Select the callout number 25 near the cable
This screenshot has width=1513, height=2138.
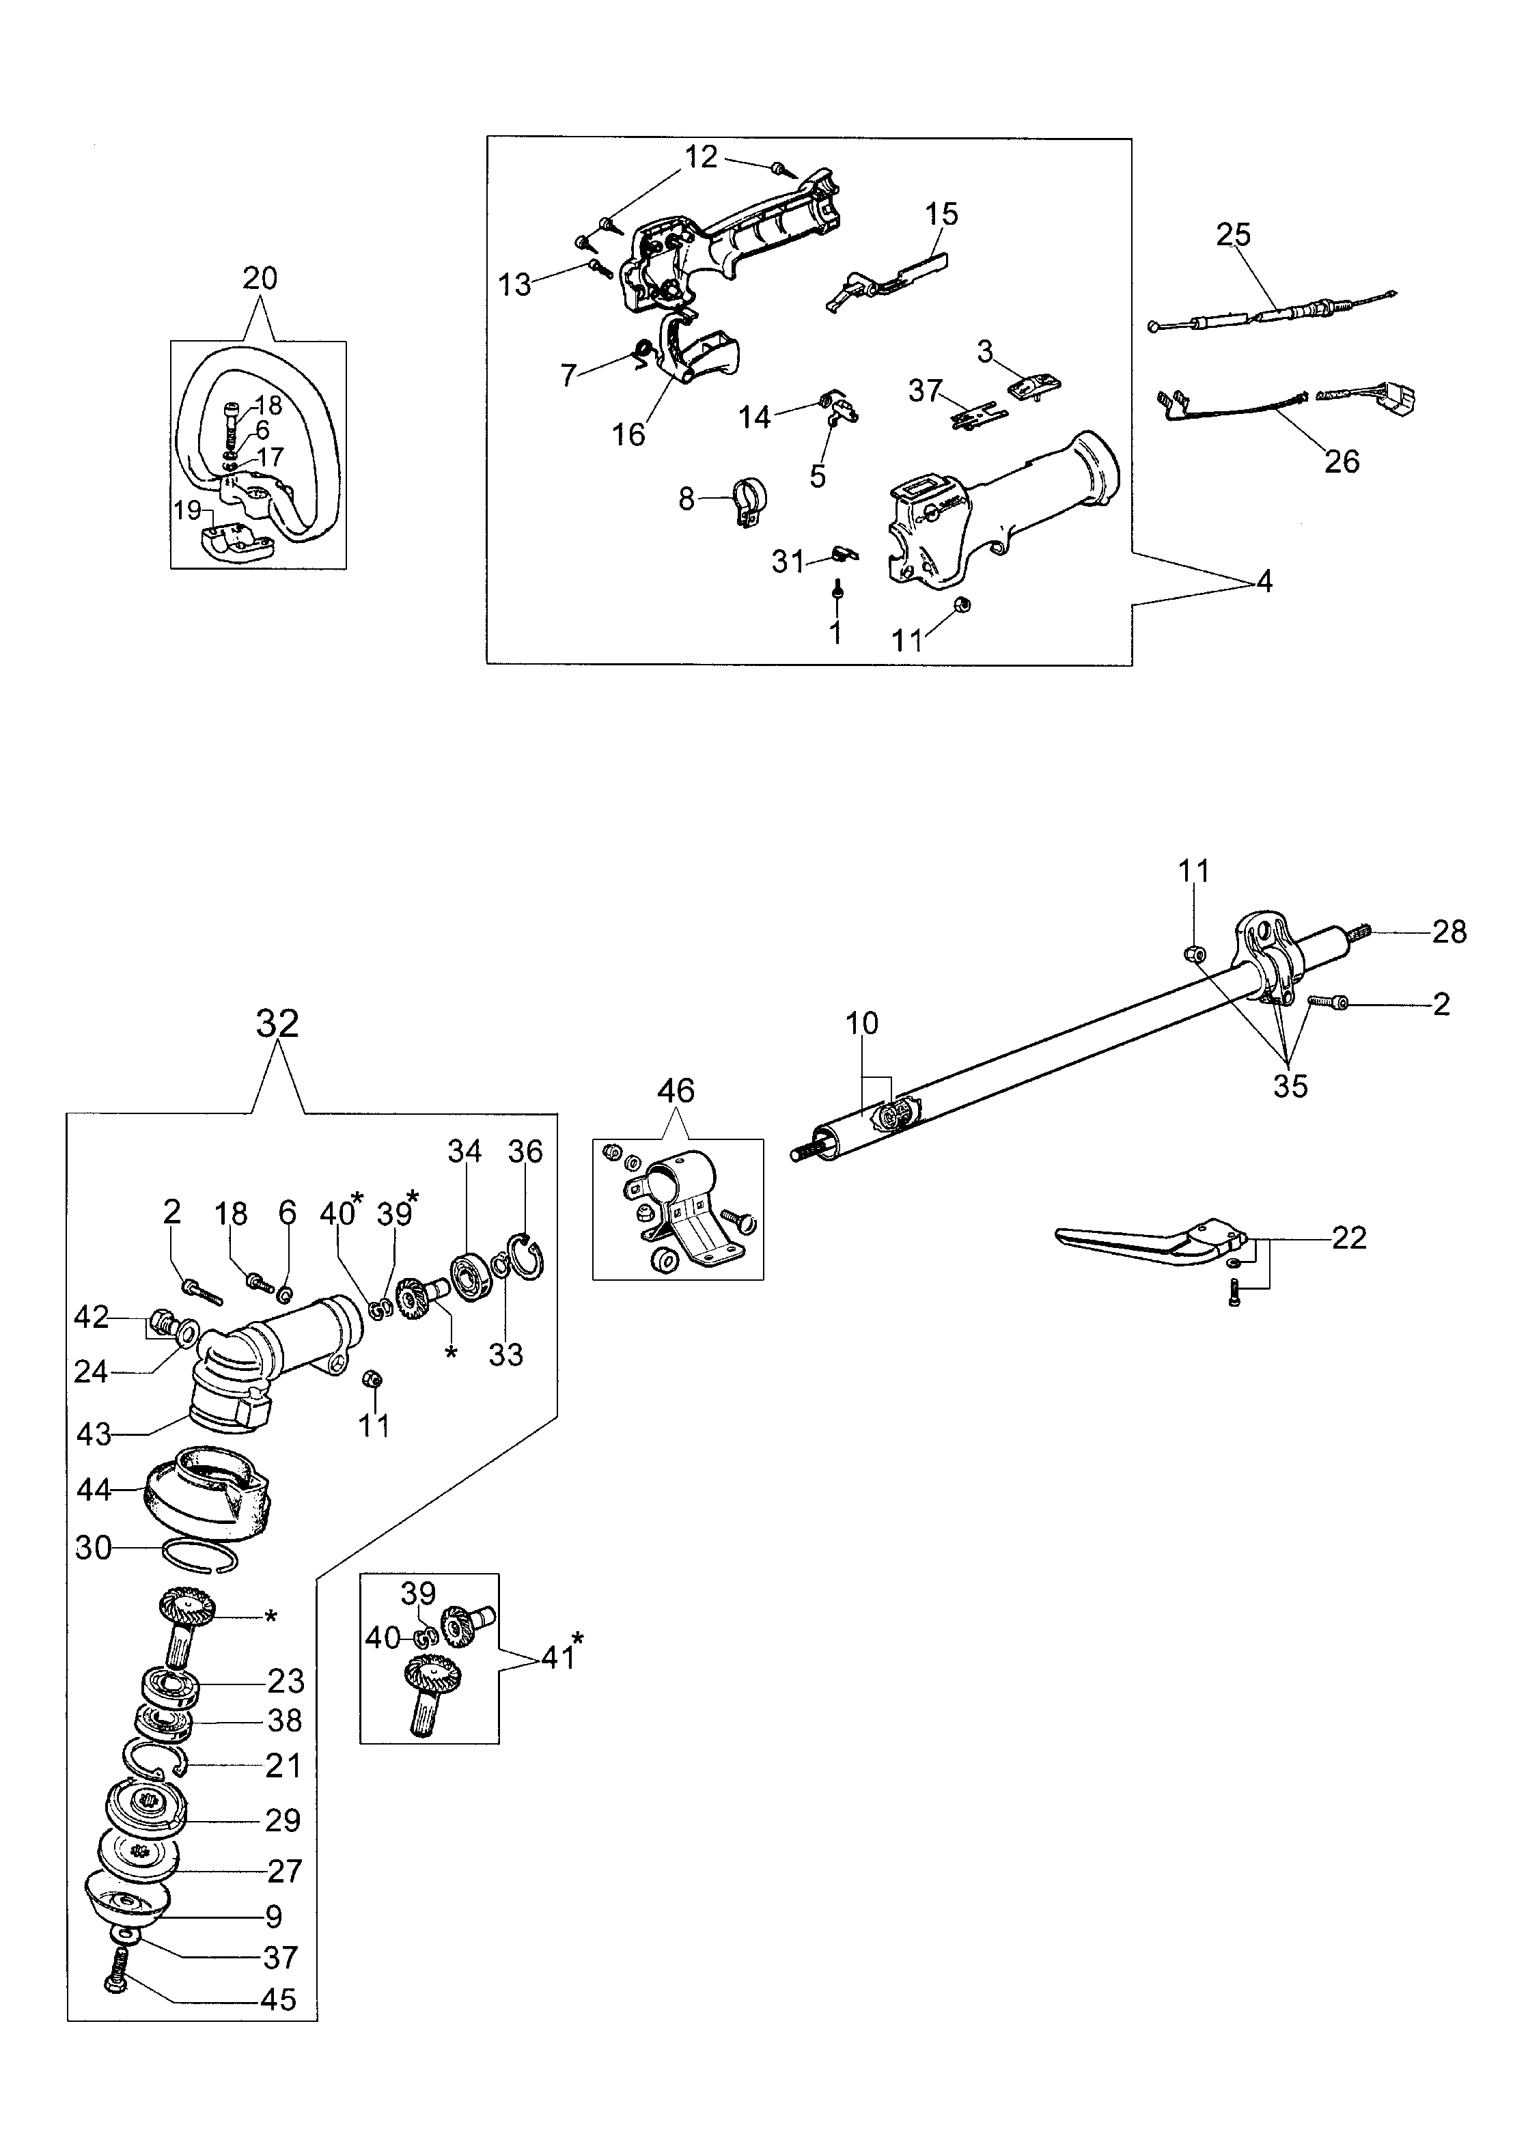(1234, 234)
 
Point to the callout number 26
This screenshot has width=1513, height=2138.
(1342, 461)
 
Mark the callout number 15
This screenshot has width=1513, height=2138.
(942, 213)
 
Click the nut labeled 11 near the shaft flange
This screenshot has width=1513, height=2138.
(1193, 954)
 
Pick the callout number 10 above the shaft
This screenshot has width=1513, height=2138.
(862, 1023)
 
